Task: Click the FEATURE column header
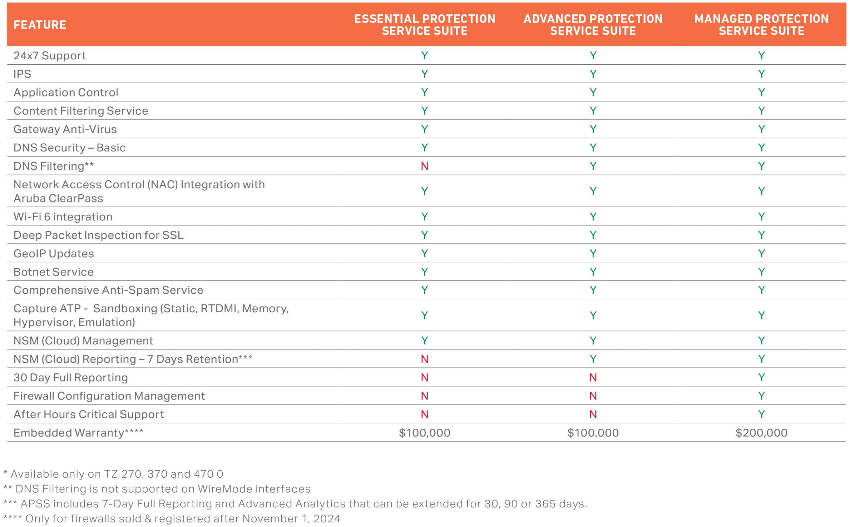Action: [x=40, y=25]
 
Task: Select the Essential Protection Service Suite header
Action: [x=425, y=25]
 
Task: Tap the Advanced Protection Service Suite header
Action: [x=593, y=25]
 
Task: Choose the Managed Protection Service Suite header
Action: [x=761, y=25]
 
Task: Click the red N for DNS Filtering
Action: [x=425, y=166]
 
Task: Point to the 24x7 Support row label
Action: [x=50, y=56]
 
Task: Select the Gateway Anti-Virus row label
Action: [x=65, y=129]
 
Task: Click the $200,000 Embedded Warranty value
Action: [x=761, y=433]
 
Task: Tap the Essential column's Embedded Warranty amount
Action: [x=425, y=433]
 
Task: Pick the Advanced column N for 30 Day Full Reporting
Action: [x=593, y=378]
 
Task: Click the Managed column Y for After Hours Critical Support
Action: [x=761, y=414]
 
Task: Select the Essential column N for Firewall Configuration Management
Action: [x=425, y=396]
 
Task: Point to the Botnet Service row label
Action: [x=54, y=272]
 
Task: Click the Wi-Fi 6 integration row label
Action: [x=63, y=217]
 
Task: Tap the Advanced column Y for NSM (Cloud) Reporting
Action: [x=593, y=359]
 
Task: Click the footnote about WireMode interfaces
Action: [x=157, y=489]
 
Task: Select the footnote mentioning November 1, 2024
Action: [x=172, y=519]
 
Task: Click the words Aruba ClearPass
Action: [x=58, y=199]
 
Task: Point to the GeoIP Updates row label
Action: [x=54, y=254]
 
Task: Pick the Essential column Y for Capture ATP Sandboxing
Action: [x=425, y=315]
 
